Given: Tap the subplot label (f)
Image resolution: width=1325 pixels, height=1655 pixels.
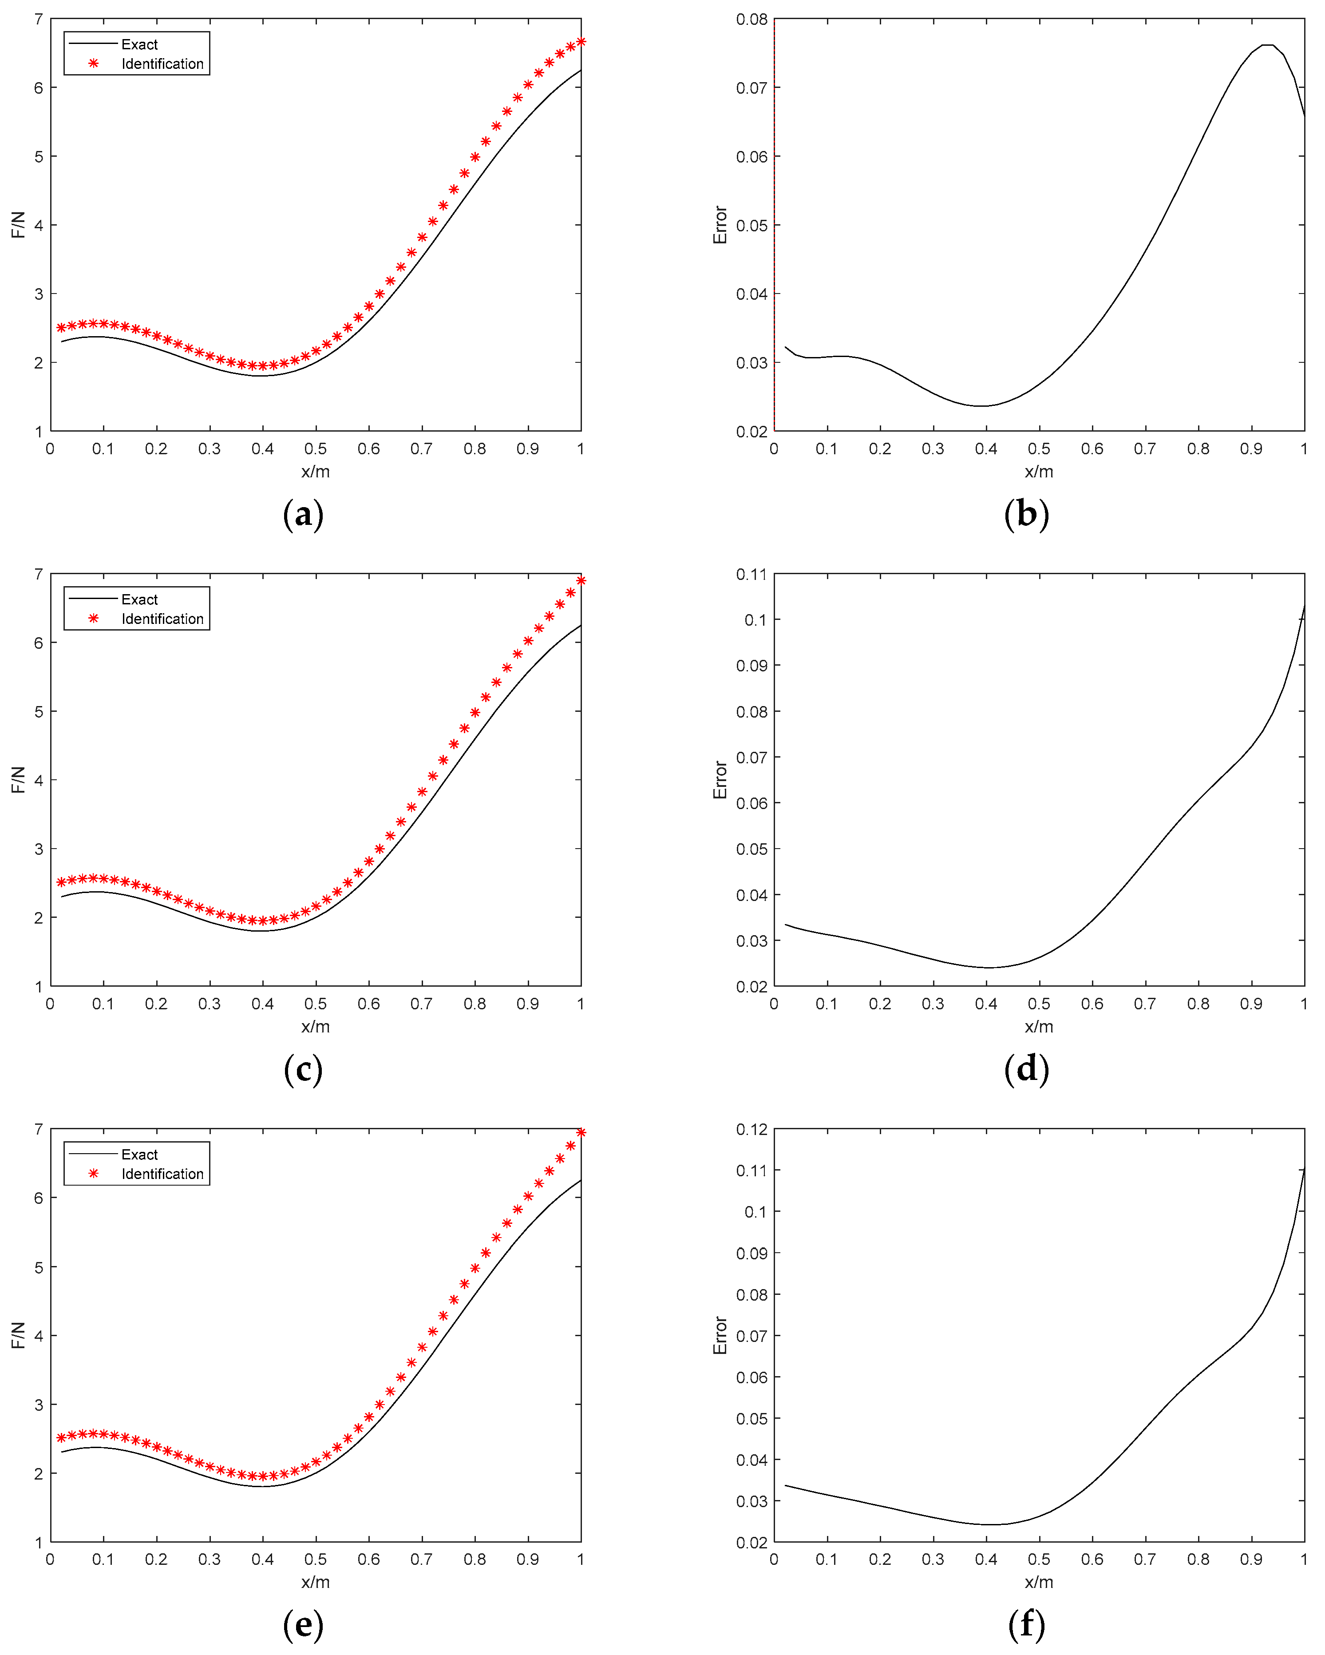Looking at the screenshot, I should pos(1026,1624).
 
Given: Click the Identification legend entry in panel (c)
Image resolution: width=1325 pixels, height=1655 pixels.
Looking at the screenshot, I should pos(162,619).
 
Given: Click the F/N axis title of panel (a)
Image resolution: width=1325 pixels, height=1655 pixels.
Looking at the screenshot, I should pos(18,225).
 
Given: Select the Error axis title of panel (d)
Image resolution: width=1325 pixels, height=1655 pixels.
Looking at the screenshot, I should pos(720,780).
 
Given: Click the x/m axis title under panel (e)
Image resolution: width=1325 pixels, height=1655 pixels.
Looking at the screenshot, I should pos(315,1581).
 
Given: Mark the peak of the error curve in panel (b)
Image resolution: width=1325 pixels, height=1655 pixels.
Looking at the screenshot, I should pos(1267,45).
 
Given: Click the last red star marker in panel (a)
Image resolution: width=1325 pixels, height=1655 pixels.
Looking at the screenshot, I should pos(581,41).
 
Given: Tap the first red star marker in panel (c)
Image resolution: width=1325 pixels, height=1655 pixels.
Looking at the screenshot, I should pos(61,883).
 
